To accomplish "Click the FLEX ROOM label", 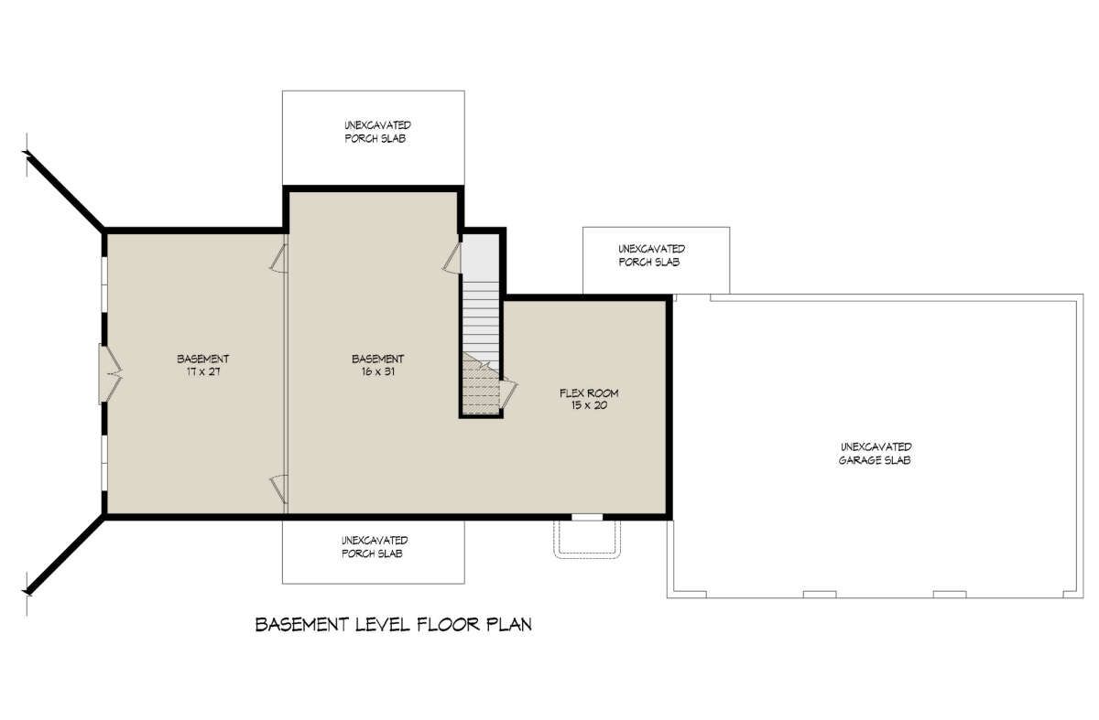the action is (589, 393).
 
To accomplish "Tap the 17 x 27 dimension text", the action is (203, 371).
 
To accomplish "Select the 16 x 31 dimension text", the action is (377, 371).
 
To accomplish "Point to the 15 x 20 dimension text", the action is (589, 405).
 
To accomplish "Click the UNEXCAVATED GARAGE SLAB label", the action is (876, 454).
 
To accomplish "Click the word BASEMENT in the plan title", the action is (302, 625).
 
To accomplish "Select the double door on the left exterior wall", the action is (109, 374).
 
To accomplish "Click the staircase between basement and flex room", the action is (481, 348).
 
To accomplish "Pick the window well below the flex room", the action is (587, 539).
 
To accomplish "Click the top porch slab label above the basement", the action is (377, 132).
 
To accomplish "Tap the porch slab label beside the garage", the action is (651, 255).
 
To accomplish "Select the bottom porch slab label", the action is (375, 547).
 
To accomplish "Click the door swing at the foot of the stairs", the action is (508, 393).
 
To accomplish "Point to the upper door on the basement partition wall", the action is (279, 258).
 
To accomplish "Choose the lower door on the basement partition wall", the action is (279, 489).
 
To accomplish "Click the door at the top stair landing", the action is (452, 258).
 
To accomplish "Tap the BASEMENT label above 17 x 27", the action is (203, 360).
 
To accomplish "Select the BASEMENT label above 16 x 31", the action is (377, 360).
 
